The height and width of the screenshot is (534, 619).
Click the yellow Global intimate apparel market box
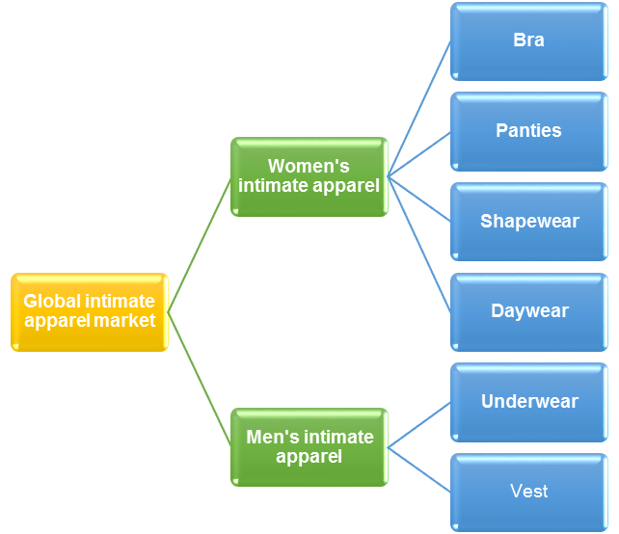pyautogui.click(x=89, y=311)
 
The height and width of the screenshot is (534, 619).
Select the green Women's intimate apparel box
pyautogui.click(x=309, y=176)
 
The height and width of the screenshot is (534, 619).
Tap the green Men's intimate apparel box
pyautogui.click(x=309, y=446)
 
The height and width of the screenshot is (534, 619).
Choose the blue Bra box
pyautogui.click(x=528, y=40)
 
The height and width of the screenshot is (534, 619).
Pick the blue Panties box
pyautogui.click(x=528, y=131)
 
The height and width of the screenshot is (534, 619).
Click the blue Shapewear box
pyautogui.click(x=528, y=221)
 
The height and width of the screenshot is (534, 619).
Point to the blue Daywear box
pyautogui.click(x=528, y=311)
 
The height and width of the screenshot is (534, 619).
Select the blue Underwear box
pyautogui.click(x=528, y=401)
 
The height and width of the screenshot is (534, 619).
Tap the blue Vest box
pyautogui.click(x=528, y=492)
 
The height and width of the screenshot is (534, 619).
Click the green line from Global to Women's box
pyautogui.click(x=200, y=245)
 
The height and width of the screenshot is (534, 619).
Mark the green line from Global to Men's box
pyautogui.click(x=200, y=379)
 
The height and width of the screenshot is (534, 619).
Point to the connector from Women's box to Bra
pyautogui.click(x=419, y=109)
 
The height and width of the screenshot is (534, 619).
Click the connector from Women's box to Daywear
pyautogui.click(x=419, y=244)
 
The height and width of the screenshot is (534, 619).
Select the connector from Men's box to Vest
pyautogui.click(x=419, y=469)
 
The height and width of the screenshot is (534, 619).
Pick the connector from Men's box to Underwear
pyautogui.click(x=419, y=424)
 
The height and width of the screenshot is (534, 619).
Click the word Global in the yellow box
pyautogui.click(x=54, y=302)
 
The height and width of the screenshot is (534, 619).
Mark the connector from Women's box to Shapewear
pyautogui.click(x=419, y=199)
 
